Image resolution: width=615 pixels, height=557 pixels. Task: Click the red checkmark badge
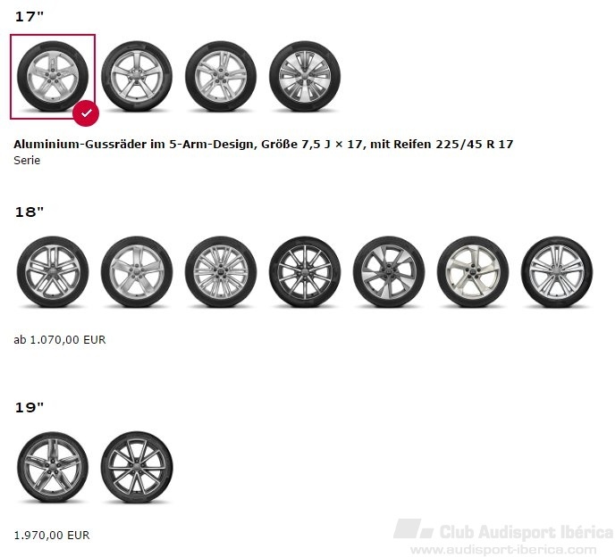(x=86, y=113)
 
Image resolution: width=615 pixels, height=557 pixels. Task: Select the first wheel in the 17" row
(x=53, y=76)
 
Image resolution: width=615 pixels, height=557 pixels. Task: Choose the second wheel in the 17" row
(x=137, y=76)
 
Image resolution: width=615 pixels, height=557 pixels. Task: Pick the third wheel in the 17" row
(x=221, y=76)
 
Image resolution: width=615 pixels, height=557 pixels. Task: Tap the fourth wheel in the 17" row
(x=305, y=76)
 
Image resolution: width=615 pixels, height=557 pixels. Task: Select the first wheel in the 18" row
(x=53, y=271)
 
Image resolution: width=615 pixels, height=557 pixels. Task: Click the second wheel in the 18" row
(x=137, y=271)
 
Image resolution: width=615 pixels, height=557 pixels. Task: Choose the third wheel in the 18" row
(x=221, y=271)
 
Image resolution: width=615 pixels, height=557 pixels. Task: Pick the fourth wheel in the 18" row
(x=305, y=271)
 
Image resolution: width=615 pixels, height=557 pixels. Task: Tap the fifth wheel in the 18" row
(x=389, y=271)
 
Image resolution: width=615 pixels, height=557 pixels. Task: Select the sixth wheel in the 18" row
(x=473, y=271)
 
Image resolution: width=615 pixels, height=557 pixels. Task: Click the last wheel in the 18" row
(x=557, y=271)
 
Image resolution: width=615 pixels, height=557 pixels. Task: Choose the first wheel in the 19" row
(x=53, y=467)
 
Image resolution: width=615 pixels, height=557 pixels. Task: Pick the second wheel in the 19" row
(x=137, y=467)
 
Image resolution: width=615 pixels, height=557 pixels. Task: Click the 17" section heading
(x=29, y=16)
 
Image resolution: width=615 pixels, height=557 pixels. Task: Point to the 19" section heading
(x=29, y=407)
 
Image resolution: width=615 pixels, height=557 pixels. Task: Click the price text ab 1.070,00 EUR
(x=60, y=339)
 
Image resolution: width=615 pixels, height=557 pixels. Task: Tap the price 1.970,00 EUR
(x=52, y=535)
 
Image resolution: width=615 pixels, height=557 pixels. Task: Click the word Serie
(x=27, y=160)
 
